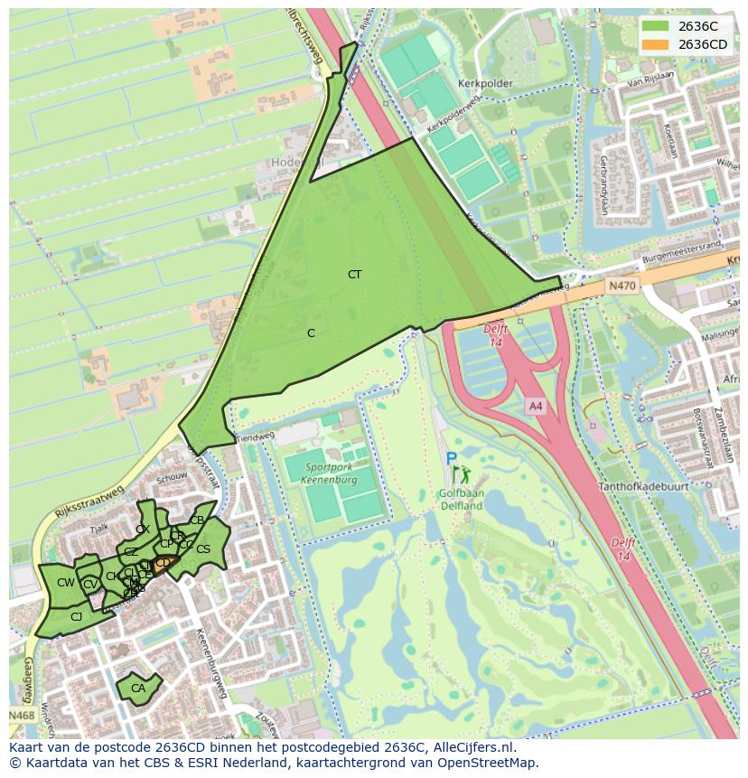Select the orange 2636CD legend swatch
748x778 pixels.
[656, 44]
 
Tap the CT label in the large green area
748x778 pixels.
[354, 274]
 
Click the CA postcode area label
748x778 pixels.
[138, 689]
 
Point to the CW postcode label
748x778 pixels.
[65, 583]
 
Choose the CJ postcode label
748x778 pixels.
[76, 617]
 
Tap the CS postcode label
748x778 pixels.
[203, 549]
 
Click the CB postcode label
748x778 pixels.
[197, 520]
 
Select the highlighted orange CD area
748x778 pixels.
[164, 563]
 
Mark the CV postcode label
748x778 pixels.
[90, 585]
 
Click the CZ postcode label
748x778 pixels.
[131, 551]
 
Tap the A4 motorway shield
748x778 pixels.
[536, 406]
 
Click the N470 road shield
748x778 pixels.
[622, 286]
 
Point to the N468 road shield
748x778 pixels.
[23, 716]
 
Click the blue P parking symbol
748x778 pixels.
[451, 459]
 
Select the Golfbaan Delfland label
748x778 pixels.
[460, 500]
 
